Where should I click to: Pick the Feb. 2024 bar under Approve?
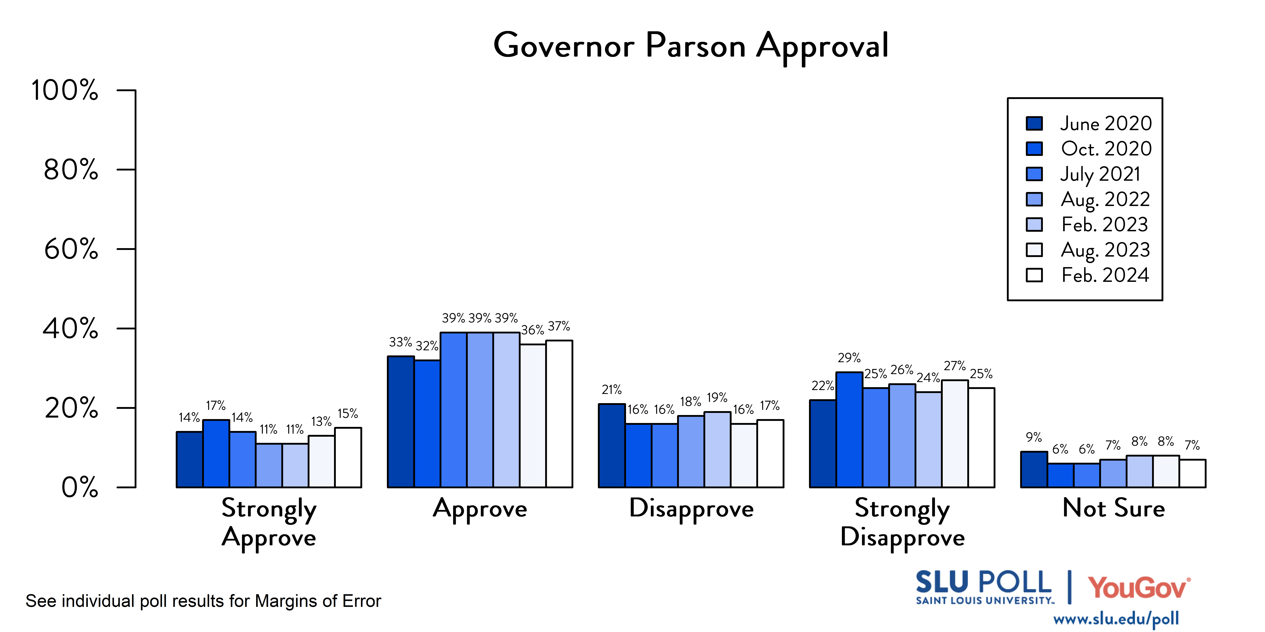pyautogui.click(x=559, y=414)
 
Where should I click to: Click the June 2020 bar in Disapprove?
pyautogui.click(x=612, y=446)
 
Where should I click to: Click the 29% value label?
pyautogui.click(x=849, y=358)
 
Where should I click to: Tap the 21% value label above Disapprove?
pyautogui.click(x=612, y=390)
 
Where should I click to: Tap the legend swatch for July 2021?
pyautogui.click(x=1034, y=174)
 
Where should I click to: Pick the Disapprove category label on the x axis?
pyautogui.click(x=691, y=509)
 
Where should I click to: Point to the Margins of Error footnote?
pyautogui.click(x=203, y=601)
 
